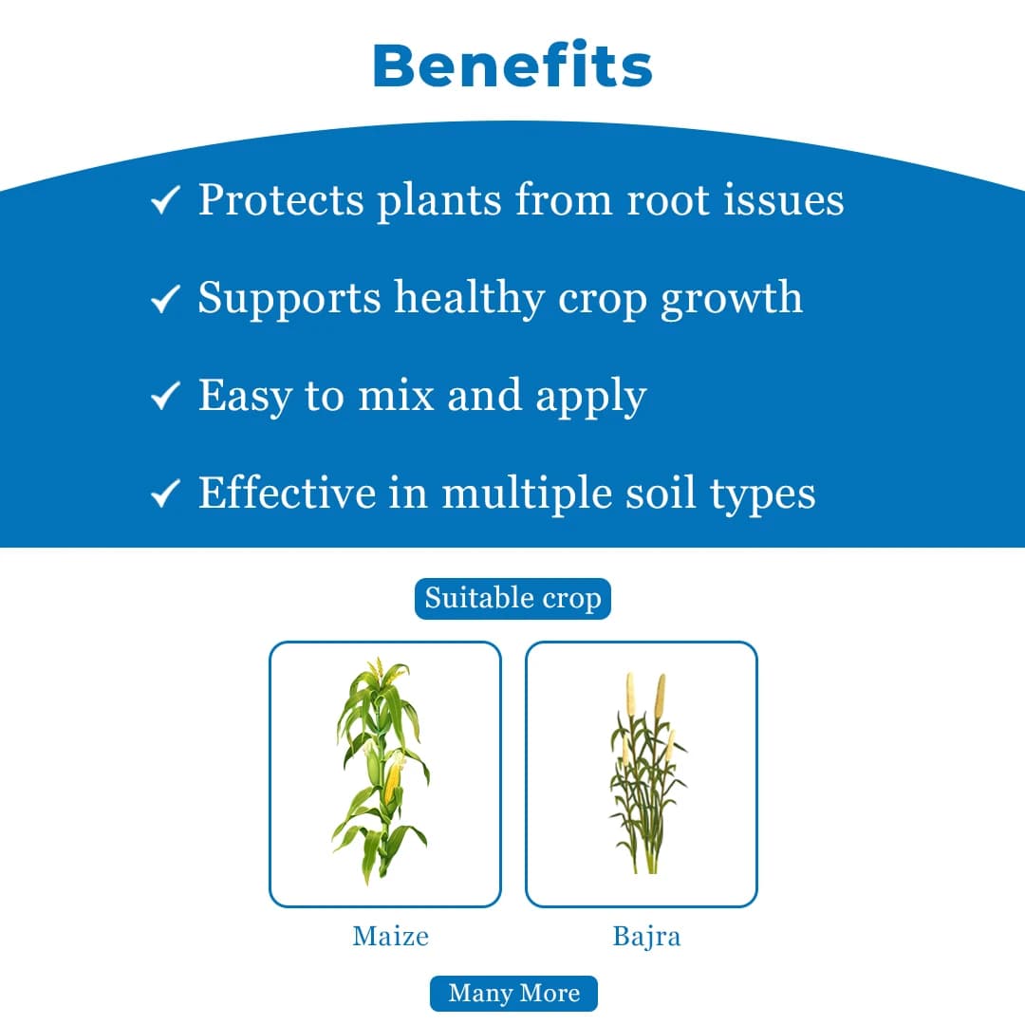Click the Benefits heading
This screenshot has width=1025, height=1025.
[512, 65]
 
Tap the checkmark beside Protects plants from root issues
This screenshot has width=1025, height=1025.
[165, 200]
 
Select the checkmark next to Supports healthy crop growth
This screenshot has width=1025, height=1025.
[165, 299]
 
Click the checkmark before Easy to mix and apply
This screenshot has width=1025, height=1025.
[165, 397]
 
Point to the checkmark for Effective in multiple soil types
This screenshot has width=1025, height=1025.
[165, 494]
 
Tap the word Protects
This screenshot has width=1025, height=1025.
[281, 200]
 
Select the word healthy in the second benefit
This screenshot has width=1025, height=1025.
[471, 298]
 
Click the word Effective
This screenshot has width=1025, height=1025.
[287, 493]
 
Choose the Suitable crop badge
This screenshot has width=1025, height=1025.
[512, 599]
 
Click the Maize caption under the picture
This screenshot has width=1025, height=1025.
[390, 937]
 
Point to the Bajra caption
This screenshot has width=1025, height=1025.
[646, 937]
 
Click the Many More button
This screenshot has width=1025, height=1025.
[513, 994]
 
